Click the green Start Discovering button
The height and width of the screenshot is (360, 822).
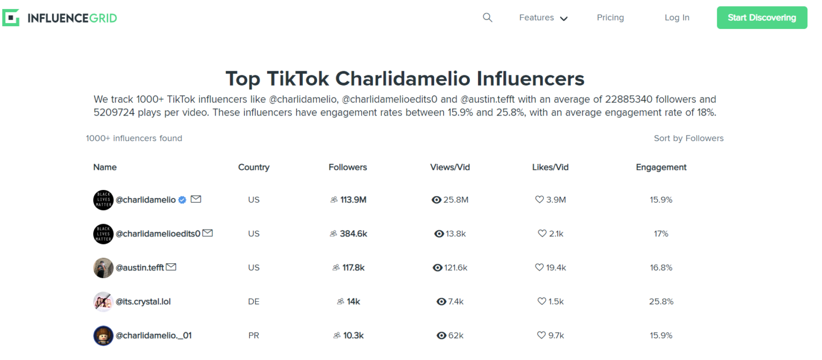pos(762,18)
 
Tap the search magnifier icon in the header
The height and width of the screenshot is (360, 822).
pos(487,18)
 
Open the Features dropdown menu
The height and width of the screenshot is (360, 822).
pos(543,18)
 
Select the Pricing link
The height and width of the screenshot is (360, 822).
pos(610,18)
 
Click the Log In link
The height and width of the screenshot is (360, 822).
pos(676,18)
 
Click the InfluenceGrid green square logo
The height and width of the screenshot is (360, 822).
pos(11,18)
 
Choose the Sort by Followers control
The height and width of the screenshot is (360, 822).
pos(688,138)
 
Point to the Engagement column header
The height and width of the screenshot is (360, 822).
pos(661,167)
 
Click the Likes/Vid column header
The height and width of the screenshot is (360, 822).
pos(550,167)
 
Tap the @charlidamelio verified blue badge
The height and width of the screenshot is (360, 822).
pos(182,200)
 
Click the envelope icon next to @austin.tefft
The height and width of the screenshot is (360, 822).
pos(171,267)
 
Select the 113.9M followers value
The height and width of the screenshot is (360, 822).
pos(353,200)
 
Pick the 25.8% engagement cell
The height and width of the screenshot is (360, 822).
pos(661,301)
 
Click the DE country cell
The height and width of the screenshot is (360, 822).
pos(254,301)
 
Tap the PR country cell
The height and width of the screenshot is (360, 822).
pos(254,335)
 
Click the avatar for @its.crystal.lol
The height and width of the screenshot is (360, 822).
pos(103,302)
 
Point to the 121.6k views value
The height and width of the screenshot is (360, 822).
pos(455,267)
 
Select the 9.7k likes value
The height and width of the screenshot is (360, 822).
pos(555,335)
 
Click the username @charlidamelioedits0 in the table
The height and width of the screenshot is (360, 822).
pos(158,233)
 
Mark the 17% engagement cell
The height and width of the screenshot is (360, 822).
pos(661,233)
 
